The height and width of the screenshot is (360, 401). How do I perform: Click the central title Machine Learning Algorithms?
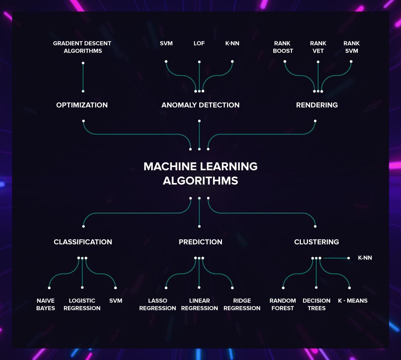(200, 173)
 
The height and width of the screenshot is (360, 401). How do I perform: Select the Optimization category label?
(82, 105)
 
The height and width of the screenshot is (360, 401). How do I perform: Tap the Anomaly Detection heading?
(200, 105)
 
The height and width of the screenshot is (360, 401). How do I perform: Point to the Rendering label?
(317, 105)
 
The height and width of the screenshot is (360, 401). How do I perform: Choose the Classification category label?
(83, 242)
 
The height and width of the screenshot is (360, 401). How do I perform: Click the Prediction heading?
(200, 242)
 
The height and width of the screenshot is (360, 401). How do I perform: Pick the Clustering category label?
(316, 242)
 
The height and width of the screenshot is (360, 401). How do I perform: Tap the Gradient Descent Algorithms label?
(82, 47)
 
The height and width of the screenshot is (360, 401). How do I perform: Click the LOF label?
(199, 44)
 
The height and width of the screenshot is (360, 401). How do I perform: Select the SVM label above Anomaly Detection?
(166, 44)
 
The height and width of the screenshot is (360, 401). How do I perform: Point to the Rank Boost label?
(283, 47)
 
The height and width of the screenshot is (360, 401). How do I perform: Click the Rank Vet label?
(318, 47)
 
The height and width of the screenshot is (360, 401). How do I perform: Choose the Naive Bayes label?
(46, 304)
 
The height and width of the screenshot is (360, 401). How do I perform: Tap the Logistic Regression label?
(82, 304)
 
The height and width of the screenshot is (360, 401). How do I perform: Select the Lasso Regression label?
(157, 304)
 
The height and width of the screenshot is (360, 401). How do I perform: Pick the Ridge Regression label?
(242, 304)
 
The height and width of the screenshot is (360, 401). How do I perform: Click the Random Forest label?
(282, 304)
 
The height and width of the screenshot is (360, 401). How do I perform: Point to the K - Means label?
(353, 301)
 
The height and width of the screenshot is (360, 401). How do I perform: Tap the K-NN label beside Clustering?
(365, 258)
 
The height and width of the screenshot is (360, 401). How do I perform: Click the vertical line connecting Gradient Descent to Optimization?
(83, 77)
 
